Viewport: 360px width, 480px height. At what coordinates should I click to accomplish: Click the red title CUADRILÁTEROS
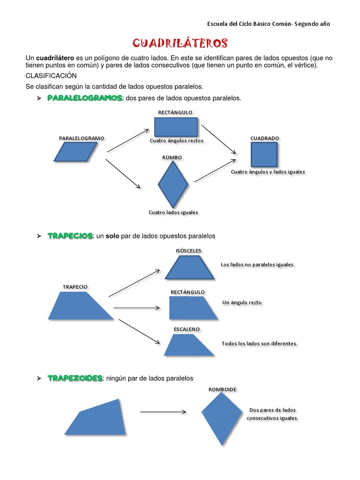pyautogui.click(x=180, y=44)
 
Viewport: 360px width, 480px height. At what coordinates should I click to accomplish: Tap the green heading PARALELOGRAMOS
pyautogui.click(x=85, y=98)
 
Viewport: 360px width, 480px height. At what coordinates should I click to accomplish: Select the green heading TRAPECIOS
pyautogui.click(x=70, y=236)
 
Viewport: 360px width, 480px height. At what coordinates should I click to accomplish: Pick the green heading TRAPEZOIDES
pyautogui.click(x=75, y=378)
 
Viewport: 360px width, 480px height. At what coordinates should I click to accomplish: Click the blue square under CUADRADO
pyautogui.click(x=264, y=155)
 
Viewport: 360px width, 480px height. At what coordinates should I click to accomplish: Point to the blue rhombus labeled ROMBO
pyautogui.click(x=173, y=184)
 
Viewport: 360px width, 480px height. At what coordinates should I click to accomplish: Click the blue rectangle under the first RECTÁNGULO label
pyautogui.click(x=176, y=127)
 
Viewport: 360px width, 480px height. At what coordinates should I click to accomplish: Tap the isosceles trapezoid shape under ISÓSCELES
pyautogui.click(x=190, y=267)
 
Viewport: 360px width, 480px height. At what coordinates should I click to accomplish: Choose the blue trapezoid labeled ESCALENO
pyautogui.click(x=189, y=345)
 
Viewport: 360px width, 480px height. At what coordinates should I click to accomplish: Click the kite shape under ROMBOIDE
pyautogui.click(x=222, y=419)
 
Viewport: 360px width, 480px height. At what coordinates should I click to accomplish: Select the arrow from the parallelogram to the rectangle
pyautogui.click(x=127, y=140)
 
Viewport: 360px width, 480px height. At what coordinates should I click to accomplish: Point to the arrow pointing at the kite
pyautogui.click(x=163, y=412)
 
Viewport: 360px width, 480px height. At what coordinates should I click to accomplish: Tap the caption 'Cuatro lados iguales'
pyautogui.click(x=173, y=212)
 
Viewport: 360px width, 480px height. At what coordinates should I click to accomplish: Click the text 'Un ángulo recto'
pyautogui.click(x=242, y=303)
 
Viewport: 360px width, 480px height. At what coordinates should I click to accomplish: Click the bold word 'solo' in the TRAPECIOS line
pyautogui.click(x=112, y=236)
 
